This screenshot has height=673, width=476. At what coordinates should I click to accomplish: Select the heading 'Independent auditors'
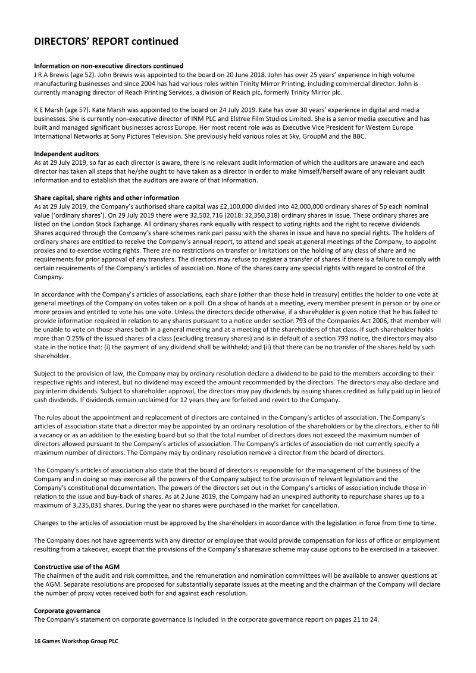(x=65, y=154)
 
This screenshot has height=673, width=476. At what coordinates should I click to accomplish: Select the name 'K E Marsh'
(x=49, y=110)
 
